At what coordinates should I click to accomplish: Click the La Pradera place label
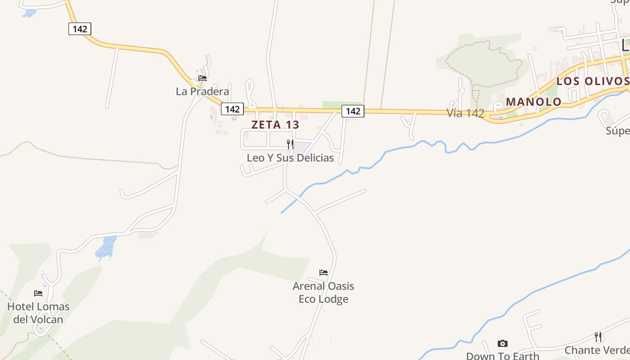click(202, 91)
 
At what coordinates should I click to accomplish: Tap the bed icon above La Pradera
click(202, 78)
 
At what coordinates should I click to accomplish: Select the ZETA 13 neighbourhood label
click(275, 125)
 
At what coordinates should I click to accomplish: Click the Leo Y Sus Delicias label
click(290, 158)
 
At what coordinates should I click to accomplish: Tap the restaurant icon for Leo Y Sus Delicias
click(290, 144)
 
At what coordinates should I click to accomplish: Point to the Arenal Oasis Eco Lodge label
click(323, 292)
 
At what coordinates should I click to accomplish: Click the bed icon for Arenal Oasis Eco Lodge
click(324, 272)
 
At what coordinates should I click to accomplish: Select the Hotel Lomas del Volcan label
click(38, 313)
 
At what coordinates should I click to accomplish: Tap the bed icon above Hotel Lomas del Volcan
click(38, 293)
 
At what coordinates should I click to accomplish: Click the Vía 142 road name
click(465, 113)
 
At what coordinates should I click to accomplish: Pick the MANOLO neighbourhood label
click(534, 102)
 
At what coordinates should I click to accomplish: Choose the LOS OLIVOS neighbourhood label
click(592, 81)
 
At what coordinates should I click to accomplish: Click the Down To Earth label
click(502, 356)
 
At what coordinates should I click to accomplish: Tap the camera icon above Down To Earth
click(503, 344)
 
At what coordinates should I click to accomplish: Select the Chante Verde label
click(597, 350)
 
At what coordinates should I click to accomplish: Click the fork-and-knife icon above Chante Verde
click(598, 337)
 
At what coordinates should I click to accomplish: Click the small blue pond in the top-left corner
click(29, 13)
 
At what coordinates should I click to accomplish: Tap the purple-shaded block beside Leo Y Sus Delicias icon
click(303, 147)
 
